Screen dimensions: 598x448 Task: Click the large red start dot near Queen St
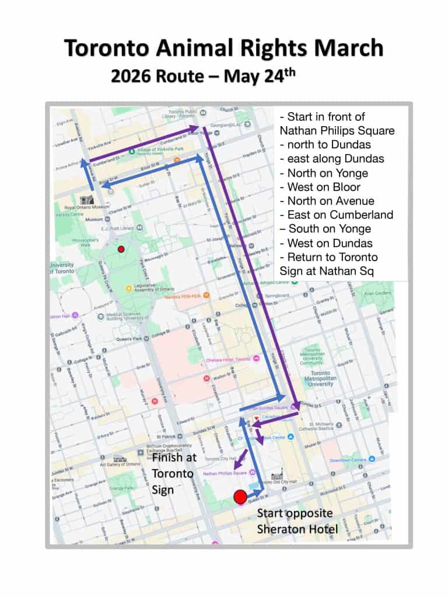(x=240, y=496)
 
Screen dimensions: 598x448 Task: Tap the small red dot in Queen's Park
(x=121, y=249)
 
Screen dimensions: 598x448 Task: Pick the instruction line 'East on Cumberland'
(x=336, y=215)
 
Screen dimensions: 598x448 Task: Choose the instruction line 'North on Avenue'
(x=327, y=201)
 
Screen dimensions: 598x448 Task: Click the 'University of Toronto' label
(x=61, y=269)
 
